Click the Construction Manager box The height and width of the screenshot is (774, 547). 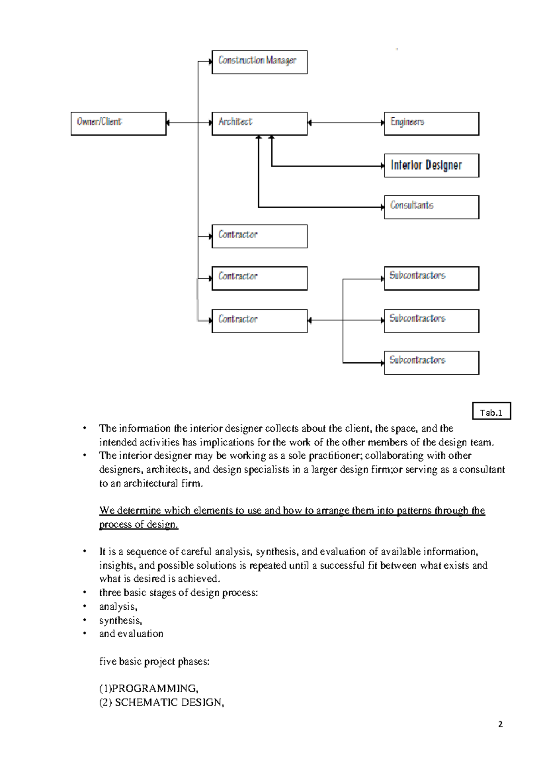coord(259,62)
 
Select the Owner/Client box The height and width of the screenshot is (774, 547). coord(119,123)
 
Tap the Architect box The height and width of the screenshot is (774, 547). coord(259,123)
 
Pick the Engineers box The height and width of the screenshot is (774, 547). coord(431,123)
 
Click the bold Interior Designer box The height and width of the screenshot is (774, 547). coord(431,165)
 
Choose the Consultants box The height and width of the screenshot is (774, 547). coord(431,207)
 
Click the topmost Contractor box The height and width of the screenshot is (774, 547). coord(259,236)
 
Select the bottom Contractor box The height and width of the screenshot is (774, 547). coord(259,320)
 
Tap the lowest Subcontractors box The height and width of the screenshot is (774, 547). coord(431,362)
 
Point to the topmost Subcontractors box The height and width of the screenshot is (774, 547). coord(431,278)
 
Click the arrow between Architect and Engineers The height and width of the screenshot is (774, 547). coord(346,122)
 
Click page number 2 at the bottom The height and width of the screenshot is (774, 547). coord(500,724)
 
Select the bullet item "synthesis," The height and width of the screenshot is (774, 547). coord(120,620)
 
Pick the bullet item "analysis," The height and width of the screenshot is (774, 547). coord(118,607)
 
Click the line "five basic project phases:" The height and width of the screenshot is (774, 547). coord(154,661)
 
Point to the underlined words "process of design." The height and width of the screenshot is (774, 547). coord(139,524)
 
